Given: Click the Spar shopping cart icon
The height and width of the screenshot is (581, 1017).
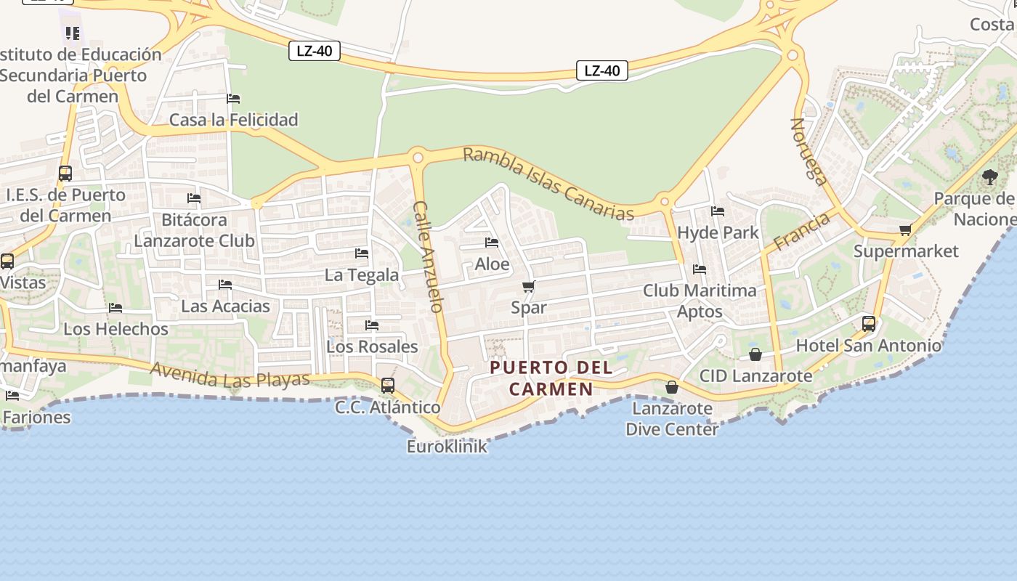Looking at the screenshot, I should (529, 286).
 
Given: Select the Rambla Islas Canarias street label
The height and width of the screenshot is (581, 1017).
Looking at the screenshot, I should (548, 184).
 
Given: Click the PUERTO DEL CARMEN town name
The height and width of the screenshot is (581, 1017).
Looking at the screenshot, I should (551, 378).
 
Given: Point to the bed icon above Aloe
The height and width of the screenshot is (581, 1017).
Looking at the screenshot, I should (492, 243).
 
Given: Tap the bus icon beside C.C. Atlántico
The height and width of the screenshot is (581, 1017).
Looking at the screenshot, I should (388, 385).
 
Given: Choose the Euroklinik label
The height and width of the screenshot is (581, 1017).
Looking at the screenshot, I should (447, 447).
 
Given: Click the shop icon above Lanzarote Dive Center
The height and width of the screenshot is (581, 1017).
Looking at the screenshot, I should (672, 387).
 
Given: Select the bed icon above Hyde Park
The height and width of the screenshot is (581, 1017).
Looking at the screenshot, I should (718, 211).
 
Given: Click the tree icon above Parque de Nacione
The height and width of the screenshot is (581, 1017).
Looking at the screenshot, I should (989, 176).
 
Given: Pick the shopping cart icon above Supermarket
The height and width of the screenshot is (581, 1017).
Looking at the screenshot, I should (905, 230).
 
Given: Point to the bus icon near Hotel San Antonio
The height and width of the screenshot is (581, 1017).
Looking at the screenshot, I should (869, 324).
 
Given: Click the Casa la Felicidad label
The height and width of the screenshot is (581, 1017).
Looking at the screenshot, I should (233, 120).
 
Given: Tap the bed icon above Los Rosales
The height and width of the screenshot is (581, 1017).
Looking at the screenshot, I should (372, 325).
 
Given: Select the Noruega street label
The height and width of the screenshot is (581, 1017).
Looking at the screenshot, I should (809, 152).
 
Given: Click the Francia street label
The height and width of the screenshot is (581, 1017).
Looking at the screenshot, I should (801, 231).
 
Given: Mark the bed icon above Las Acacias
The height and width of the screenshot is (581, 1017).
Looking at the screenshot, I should (225, 285).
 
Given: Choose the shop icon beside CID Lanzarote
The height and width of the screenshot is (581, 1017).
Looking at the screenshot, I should (755, 354).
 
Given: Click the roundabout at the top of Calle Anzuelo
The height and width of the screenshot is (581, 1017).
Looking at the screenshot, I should (418, 158).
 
